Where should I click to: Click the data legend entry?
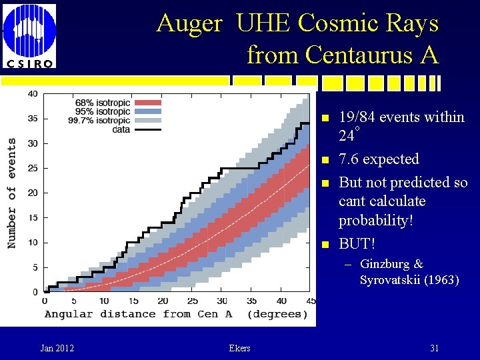pos(120,129)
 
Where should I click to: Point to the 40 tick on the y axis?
pos(32,94)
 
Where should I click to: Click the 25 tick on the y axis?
pos(32,168)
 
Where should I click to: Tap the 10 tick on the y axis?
pos(32,243)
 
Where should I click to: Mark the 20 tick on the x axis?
pos(163,301)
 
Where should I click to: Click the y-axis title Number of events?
pos(12,193)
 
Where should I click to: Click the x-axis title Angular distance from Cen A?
pos(138,314)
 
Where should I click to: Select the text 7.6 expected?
pos(379,159)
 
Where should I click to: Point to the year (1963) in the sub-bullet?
pos(440,280)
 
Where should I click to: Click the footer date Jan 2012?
pos(57,348)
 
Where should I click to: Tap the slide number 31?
pos(434,348)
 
